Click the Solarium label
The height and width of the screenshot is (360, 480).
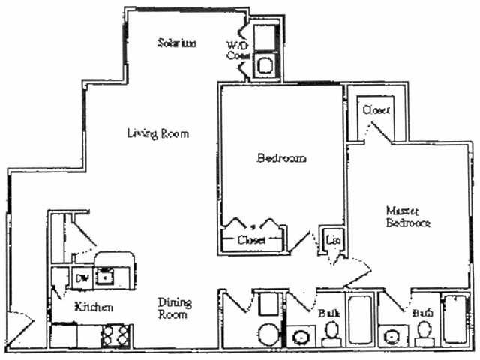point(177,43)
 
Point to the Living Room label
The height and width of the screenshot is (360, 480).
point(157,133)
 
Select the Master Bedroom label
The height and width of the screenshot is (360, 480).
point(407,216)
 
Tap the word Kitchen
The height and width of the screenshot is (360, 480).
point(94,307)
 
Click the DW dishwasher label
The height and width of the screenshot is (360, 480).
point(82,277)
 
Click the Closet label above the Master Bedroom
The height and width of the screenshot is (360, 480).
point(376,109)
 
